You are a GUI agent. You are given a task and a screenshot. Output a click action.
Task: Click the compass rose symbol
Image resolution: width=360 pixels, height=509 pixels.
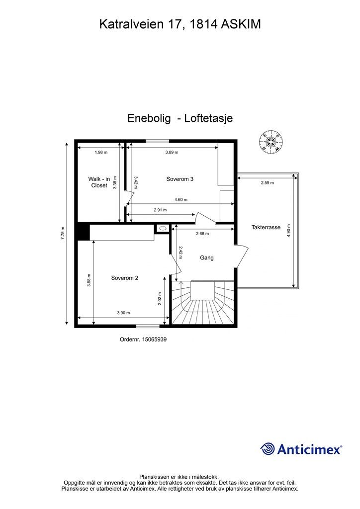271,142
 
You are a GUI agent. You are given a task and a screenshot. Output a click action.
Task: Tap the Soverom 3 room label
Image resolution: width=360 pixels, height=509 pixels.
180,179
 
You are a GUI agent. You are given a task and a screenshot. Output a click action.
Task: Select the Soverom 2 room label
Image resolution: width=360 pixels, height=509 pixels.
124,278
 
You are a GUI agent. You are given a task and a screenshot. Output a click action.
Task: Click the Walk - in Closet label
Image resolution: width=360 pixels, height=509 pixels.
98,182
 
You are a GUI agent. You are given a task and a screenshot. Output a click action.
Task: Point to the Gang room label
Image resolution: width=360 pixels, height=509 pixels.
206,257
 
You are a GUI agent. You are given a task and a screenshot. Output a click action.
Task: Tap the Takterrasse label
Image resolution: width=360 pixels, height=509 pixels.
266,227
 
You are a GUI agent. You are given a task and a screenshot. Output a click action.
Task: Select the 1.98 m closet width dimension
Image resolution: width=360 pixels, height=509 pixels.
101,152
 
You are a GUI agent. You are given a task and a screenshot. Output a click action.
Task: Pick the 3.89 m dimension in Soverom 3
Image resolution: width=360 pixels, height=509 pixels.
172,152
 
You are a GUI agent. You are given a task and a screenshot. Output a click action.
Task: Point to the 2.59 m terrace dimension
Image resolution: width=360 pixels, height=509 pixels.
267,183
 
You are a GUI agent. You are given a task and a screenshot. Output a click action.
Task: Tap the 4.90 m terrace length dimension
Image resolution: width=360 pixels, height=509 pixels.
289,231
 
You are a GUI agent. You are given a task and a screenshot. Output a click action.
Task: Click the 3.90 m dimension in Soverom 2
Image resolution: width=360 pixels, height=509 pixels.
123,313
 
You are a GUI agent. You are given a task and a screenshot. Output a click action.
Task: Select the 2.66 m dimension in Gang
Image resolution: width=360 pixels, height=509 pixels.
202,234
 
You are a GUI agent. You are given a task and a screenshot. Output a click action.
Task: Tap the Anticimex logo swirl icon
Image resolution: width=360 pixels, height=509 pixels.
268,449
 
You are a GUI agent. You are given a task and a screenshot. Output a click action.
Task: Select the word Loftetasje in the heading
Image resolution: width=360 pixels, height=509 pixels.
208,118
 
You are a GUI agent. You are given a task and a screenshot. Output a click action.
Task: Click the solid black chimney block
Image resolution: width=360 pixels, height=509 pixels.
83,232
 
